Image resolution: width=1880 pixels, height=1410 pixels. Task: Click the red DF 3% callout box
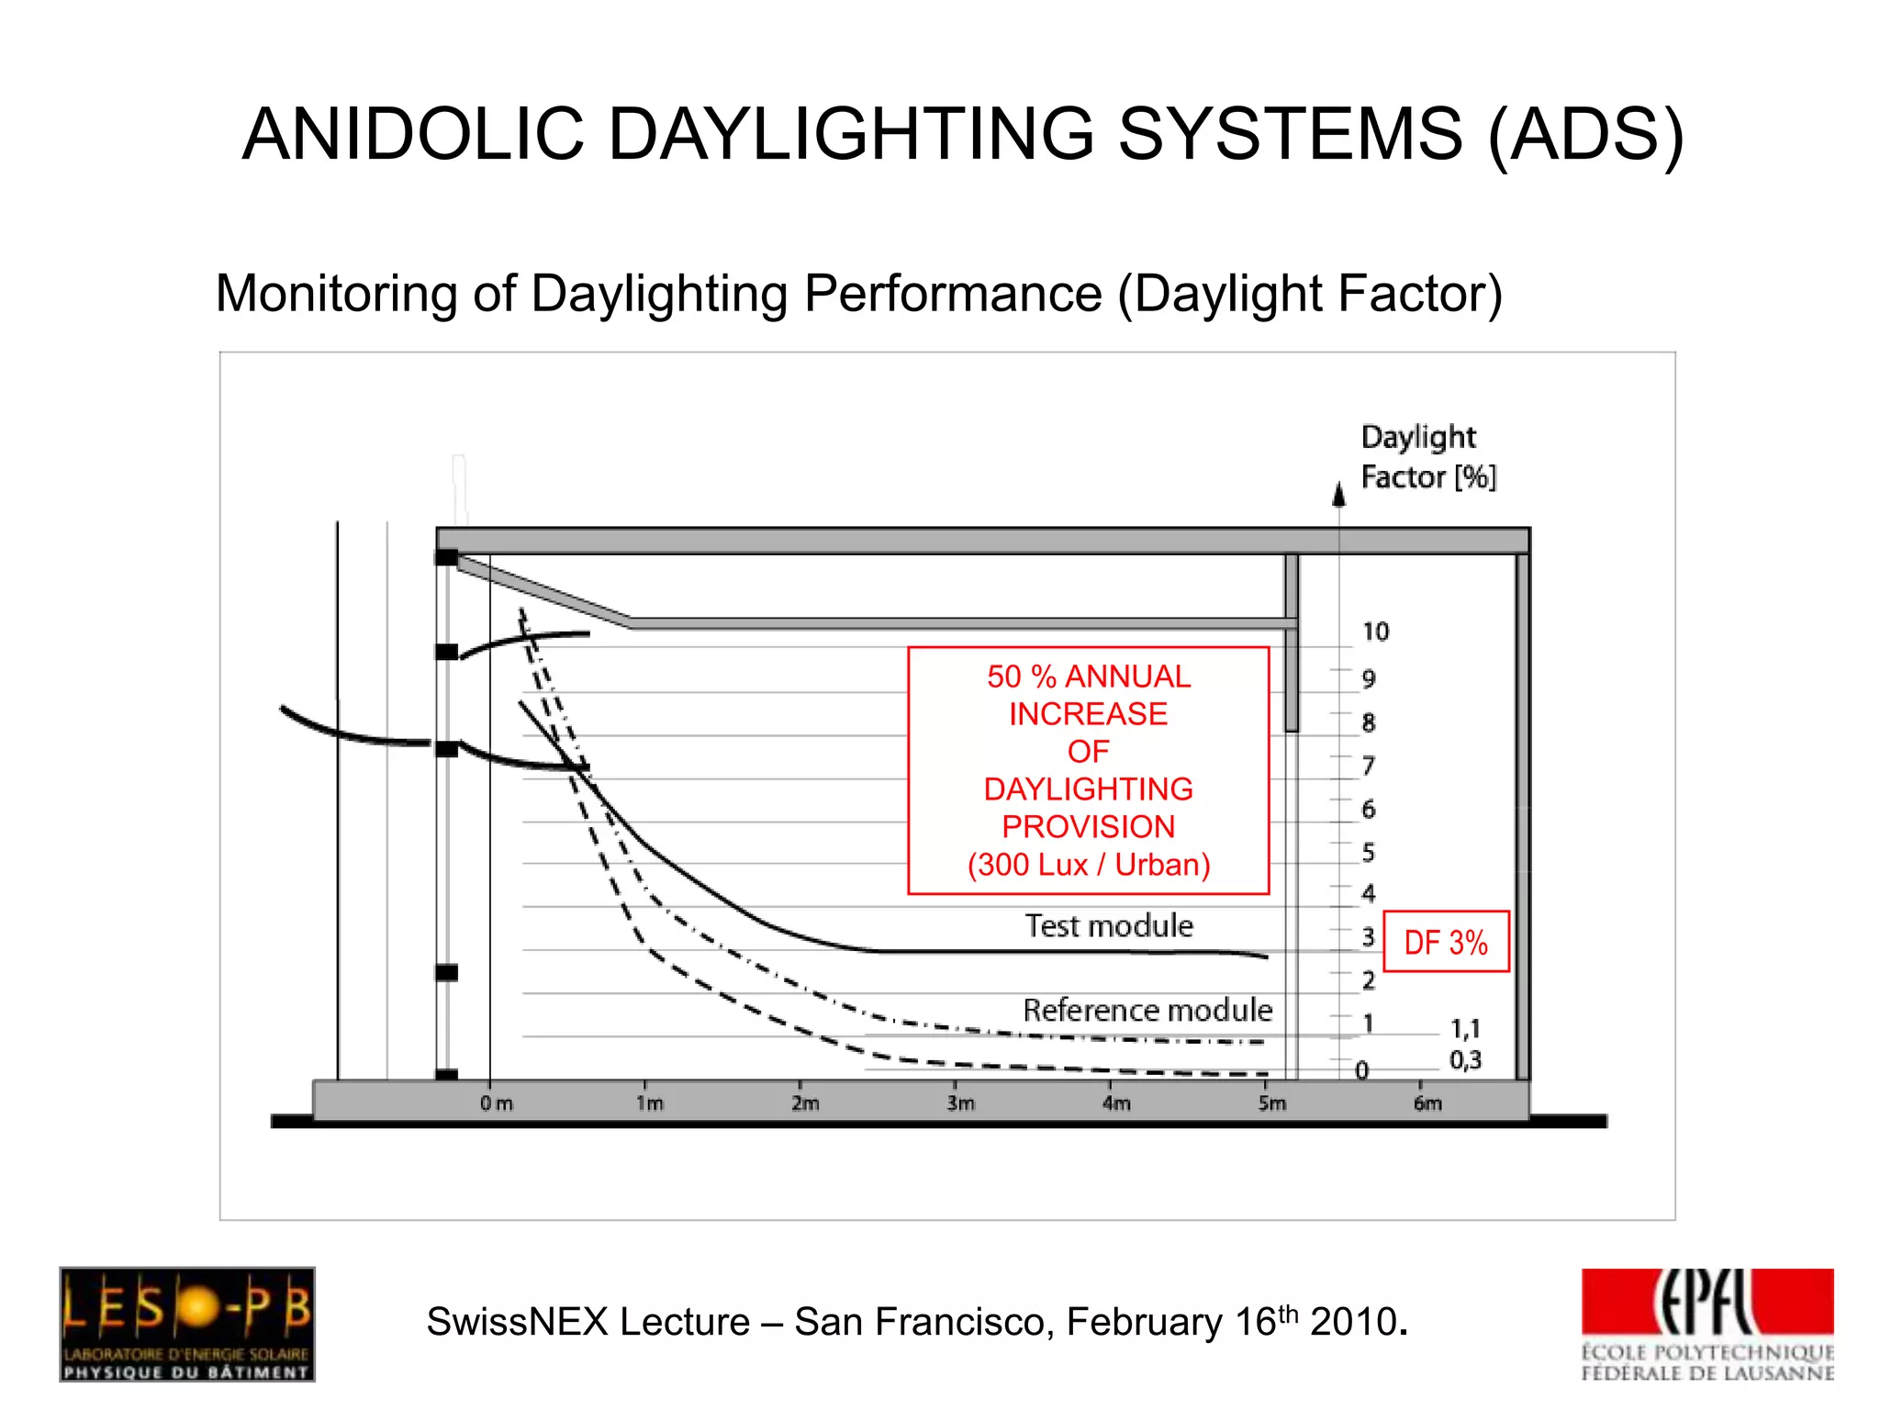tap(1446, 942)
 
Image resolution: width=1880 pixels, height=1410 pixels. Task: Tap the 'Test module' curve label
tap(1109, 925)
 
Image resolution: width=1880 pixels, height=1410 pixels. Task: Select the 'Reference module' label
tap(1147, 1010)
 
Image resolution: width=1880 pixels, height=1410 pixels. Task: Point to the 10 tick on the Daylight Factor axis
tap(1375, 632)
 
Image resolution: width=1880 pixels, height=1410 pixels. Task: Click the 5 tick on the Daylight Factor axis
tap(1369, 853)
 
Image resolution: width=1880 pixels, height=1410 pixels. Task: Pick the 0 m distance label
tap(497, 1103)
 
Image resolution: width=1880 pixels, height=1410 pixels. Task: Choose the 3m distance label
tap(961, 1103)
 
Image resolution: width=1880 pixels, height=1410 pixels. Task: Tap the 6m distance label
tap(1427, 1103)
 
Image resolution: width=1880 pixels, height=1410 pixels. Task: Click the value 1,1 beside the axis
tap(1465, 1028)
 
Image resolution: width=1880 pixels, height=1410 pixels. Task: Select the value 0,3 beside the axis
tap(1465, 1060)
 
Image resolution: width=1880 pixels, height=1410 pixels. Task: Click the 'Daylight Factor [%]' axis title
tap(1427, 457)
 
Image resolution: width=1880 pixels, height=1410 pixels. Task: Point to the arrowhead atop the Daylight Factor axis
tap(1339, 496)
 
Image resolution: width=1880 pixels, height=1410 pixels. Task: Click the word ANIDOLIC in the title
tap(412, 134)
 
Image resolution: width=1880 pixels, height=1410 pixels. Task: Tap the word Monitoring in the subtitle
tap(336, 295)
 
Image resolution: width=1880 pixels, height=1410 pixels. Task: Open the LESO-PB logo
tap(187, 1324)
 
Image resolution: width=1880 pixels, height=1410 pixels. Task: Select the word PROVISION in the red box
tap(1088, 826)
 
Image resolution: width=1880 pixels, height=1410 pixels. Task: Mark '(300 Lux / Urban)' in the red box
tap(1089, 865)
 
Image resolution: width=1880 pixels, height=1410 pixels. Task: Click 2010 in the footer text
tap(1353, 1323)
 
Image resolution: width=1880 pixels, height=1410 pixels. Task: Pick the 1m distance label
tap(650, 1103)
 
